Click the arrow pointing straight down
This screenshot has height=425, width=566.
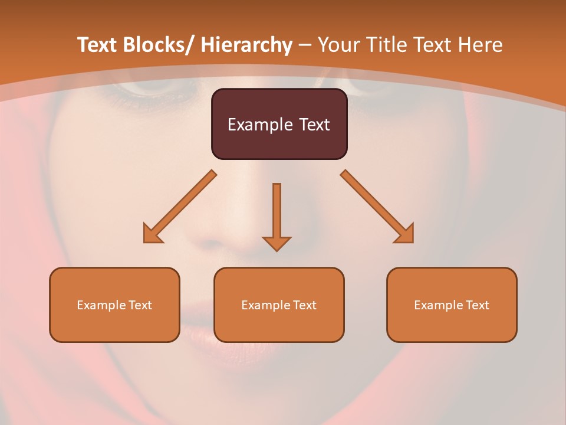tap(277, 215)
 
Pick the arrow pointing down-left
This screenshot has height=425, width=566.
tap(180, 207)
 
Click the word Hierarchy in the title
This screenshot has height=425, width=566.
tap(246, 45)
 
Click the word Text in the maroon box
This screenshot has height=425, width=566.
tap(314, 125)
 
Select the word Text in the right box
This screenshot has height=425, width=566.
tap(477, 305)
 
